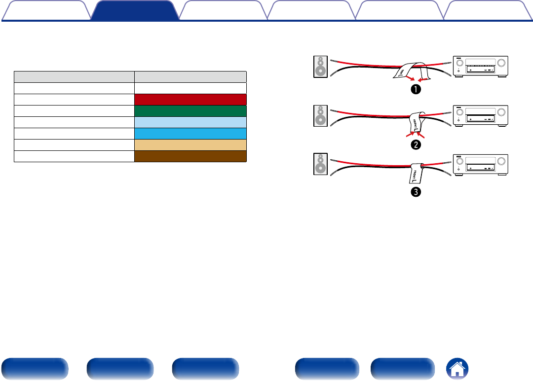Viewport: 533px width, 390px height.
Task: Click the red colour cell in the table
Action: (190, 99)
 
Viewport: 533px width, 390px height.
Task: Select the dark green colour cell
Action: (190, 110)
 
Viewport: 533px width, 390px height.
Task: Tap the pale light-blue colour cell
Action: (190, 122)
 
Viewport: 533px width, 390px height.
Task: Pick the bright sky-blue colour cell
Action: (190, 133)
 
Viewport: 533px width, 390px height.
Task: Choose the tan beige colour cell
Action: (190, 144)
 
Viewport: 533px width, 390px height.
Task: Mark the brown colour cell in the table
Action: (190, 156)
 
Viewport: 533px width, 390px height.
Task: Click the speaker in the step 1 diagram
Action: (320, 67)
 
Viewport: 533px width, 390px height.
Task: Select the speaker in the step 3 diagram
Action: (320, 165)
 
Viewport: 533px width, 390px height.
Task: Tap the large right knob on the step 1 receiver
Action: (502, 63)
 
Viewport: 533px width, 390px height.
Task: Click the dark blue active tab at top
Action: (135, 10)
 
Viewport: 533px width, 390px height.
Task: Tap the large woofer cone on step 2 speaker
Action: (320, 120)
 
